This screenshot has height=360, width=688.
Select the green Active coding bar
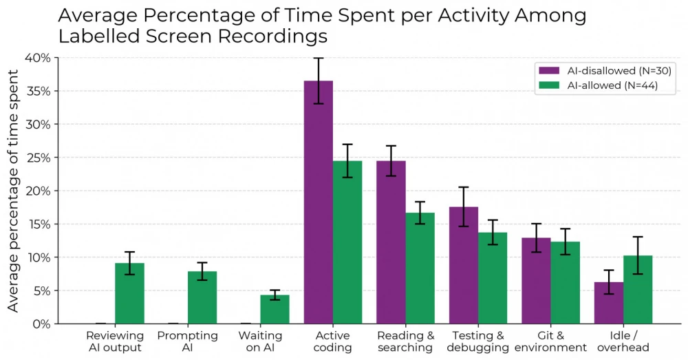347,242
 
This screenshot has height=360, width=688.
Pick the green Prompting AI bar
202,297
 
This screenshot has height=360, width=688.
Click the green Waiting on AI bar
275,309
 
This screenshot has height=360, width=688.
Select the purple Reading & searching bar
391,242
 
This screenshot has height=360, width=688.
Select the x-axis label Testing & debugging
477,341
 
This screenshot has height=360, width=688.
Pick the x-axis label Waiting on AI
260,341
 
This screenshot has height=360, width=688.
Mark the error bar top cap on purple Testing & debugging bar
464,187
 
